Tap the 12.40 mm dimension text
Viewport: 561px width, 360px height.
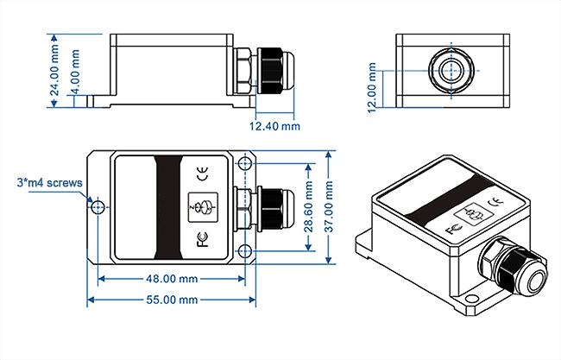pos(274,126)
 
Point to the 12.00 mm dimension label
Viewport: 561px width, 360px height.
pos(372,87)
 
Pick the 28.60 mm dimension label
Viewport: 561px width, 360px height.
pos(309,209)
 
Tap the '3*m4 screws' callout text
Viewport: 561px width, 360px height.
pos(49,183)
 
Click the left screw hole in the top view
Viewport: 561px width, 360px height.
pos(99,207)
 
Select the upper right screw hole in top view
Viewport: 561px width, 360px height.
pos(246,164)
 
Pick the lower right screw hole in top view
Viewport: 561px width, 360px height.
pos(246,251)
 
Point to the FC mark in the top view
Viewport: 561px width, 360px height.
pos(202,240)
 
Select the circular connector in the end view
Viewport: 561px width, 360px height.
pos(449,70)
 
